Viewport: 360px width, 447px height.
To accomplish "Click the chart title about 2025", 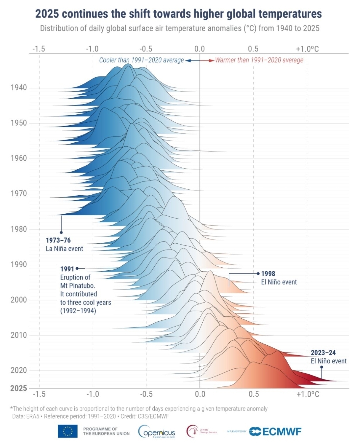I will (178, 14).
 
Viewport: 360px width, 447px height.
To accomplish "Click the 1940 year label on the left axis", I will (19, 88).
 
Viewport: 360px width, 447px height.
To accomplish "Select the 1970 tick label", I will (19, 193).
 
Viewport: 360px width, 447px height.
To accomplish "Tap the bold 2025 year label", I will (19, 388).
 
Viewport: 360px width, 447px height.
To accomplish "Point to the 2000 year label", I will (19, 300).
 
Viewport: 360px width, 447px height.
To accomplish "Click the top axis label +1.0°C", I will (307, 49).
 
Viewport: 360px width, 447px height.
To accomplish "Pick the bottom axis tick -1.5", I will (39, 394).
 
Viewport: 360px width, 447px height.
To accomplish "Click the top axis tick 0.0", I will (199, 49).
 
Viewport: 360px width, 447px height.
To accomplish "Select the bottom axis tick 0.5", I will (253, 394).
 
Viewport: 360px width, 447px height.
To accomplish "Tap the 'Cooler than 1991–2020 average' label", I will (141, 60).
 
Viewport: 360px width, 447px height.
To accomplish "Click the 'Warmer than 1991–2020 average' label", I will (259, 60).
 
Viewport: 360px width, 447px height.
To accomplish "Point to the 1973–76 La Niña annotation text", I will (64, 244).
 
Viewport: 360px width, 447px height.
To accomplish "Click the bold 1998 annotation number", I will (268, 274).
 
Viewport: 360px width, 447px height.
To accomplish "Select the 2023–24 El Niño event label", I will (328, 357).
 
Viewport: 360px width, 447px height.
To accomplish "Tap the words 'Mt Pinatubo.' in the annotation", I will (77, 286).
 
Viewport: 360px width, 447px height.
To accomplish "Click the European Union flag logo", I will (68, 431).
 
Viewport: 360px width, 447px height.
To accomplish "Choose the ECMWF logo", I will (275, 431).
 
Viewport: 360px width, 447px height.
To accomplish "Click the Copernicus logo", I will (157, 432).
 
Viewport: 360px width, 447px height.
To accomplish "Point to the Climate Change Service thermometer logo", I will (192, 431).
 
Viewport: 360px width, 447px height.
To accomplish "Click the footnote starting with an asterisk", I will (140, 409).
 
